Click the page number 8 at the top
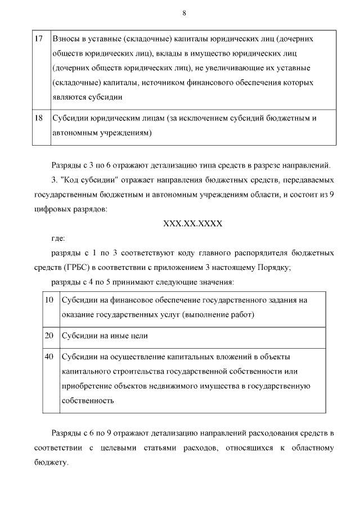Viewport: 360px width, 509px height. [x=184, y=13]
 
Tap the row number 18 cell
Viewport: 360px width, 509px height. [x=39, y=119]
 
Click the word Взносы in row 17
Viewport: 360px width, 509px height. [x=65, y=39]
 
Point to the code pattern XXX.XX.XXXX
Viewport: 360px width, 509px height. [x=193, y=223]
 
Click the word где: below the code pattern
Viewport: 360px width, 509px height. [x=58, y=238]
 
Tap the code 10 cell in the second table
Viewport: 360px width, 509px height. [x=49, y=300]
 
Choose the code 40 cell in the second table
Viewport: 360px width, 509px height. [x=49, y=357]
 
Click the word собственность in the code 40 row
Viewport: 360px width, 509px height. [x=88, y=401]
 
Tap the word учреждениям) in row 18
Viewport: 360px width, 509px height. [x=130, y=133]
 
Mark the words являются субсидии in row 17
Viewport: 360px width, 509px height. [x=87, y=97]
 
